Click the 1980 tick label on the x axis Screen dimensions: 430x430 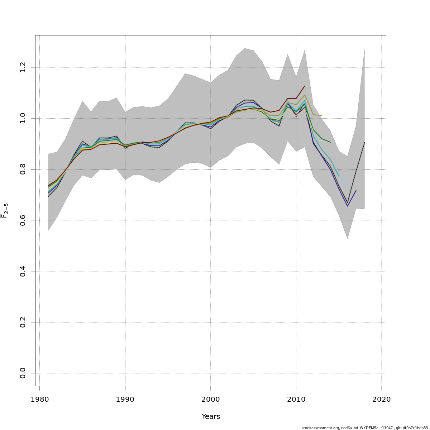[39, 399]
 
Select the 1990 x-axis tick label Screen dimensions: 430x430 [125, 399]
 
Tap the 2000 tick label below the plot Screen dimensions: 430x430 [211, 399]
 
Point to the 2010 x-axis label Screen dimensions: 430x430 [296, 399]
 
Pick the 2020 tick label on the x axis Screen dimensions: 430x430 [382, 399]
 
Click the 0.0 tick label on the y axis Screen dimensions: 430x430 [23, 373]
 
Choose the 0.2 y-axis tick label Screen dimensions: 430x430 [23, 322]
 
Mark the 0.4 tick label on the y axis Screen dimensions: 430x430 [23, 271]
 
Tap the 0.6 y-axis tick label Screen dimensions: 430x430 [23, 220]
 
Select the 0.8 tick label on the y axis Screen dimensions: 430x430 [23, 169]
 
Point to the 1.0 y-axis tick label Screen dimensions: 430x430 [23, 118]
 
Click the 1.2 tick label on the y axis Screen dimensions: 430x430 [23, 67]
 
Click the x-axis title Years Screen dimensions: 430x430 [211, 417]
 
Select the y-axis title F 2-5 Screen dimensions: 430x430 [5, 211]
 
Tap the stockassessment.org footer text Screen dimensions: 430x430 [364, 428]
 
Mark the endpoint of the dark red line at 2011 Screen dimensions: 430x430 [305, 86]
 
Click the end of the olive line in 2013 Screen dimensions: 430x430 [322, 115]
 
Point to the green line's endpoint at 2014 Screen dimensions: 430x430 [330, 142]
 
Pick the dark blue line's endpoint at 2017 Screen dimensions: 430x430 [356, 191]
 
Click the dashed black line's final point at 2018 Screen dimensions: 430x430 [364, 142]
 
